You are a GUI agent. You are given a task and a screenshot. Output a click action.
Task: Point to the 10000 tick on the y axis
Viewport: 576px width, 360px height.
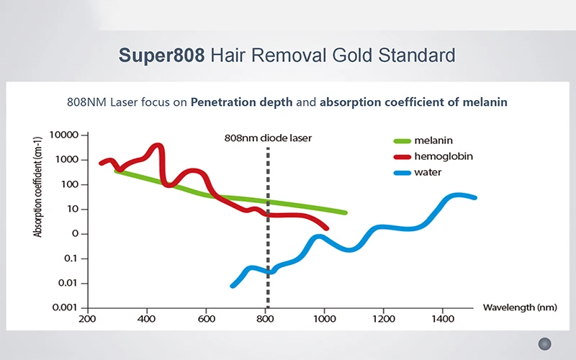pyautogui.click(x=65, y=135)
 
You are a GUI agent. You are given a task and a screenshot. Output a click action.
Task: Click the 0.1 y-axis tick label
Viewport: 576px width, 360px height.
pyautogui.click(x=73, y=258)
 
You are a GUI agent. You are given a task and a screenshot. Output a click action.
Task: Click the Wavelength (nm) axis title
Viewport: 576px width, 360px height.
pyautogui.click(x=519, y=307)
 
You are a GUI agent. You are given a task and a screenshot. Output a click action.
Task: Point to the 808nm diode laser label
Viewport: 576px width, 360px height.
pyautogui.click(x=268, y=138)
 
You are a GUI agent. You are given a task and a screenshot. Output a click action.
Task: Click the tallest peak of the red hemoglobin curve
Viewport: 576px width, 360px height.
pyautogui.click(x=160, y=146)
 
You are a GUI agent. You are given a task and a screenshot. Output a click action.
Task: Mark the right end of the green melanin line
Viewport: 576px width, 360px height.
pyautogui.click(x=345, y=212)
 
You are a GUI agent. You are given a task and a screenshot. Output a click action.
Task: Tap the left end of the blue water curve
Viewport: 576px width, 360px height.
pyautogui.click(x=233, y=286)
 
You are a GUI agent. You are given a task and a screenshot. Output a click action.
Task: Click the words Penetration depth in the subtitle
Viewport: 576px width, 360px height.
pyautogui.click(x=241, y=102)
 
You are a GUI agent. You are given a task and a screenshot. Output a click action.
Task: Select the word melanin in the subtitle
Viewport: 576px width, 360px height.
pyautogui.click(x=487, y=102)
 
